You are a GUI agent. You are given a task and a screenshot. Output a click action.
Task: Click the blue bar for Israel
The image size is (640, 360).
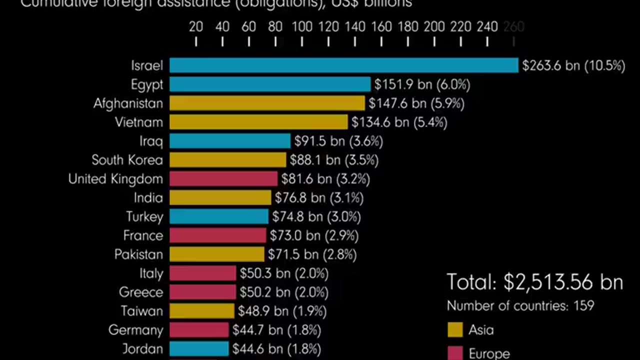343,65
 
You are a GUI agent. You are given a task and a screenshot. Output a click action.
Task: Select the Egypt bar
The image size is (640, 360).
270,84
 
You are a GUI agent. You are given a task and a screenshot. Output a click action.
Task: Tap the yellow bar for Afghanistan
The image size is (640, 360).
267,103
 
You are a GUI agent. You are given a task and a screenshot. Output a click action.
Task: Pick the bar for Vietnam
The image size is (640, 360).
258,122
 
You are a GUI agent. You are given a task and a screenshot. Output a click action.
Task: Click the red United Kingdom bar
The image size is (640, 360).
223,179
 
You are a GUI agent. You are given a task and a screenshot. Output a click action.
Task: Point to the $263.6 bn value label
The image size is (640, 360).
573,65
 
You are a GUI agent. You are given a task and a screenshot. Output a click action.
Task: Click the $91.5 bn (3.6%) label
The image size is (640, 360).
338,141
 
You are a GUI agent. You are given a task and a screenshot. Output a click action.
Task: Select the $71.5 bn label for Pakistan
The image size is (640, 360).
312,254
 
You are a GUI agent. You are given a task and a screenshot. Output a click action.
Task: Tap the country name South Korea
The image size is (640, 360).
127,160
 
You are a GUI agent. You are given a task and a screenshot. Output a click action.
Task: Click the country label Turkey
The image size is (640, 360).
144,217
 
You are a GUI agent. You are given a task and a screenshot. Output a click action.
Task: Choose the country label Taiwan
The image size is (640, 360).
142,311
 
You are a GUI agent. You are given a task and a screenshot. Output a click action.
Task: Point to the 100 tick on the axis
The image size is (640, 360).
302,27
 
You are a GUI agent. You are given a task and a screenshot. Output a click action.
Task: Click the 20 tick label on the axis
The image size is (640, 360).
195,27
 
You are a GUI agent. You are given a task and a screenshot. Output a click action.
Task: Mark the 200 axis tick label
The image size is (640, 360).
434,27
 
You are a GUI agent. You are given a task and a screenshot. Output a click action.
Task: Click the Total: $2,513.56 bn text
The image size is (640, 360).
534,282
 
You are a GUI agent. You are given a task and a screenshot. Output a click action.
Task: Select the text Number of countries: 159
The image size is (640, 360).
520,305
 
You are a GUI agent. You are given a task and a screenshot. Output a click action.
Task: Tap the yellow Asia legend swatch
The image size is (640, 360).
455,330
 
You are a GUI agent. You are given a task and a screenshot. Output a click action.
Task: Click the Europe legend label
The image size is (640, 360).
489,353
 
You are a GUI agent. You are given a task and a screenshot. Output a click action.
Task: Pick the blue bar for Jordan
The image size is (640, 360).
199,348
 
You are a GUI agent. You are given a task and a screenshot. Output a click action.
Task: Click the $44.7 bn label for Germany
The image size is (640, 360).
276,330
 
